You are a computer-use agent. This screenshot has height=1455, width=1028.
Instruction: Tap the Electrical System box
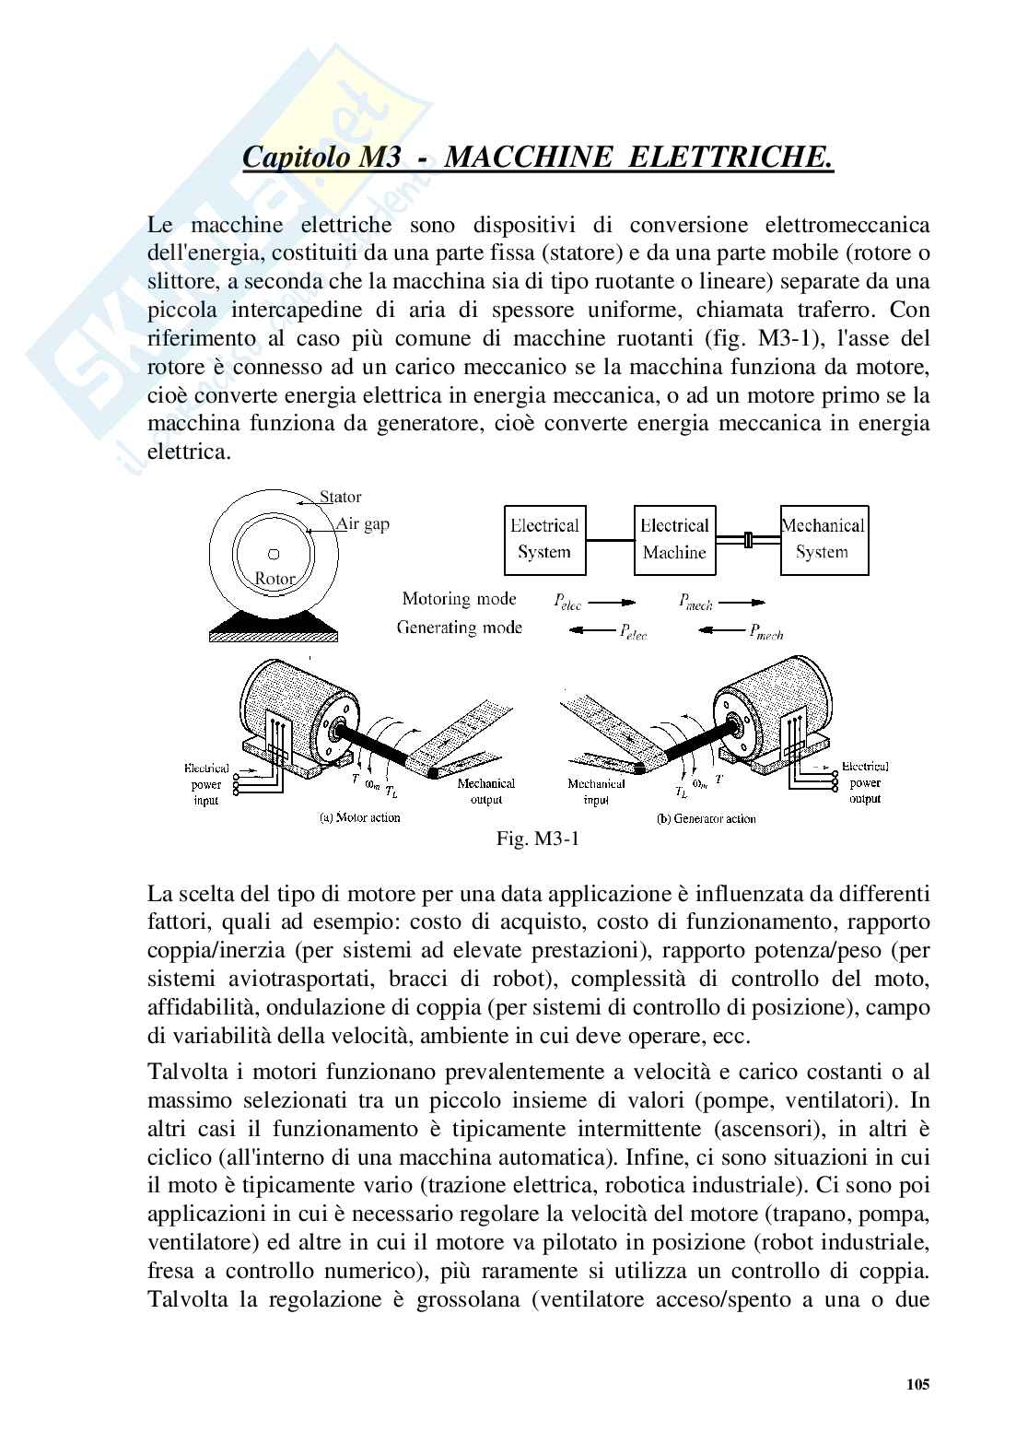point(543,539)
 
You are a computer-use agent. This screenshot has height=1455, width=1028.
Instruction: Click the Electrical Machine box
point(674,539)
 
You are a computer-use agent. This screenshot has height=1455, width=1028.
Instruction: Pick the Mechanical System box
point(823,539)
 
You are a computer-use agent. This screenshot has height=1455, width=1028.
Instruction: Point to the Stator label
point(340,498)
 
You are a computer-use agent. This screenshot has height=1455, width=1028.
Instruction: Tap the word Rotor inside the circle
point(275,579)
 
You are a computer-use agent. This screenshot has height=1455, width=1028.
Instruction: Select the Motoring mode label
point(459,599)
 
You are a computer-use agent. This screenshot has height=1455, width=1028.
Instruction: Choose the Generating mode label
point(459,628)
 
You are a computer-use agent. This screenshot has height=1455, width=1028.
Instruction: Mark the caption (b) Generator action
point(707,817)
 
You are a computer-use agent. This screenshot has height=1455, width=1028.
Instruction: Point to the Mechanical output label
point(486,792)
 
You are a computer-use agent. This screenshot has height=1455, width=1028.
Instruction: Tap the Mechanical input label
point(596,792)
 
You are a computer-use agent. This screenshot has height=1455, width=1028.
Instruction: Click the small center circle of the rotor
point(273,555)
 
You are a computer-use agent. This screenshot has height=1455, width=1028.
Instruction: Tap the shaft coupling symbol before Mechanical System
point(748,539)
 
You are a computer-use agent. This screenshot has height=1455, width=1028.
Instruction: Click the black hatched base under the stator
point(273,633)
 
